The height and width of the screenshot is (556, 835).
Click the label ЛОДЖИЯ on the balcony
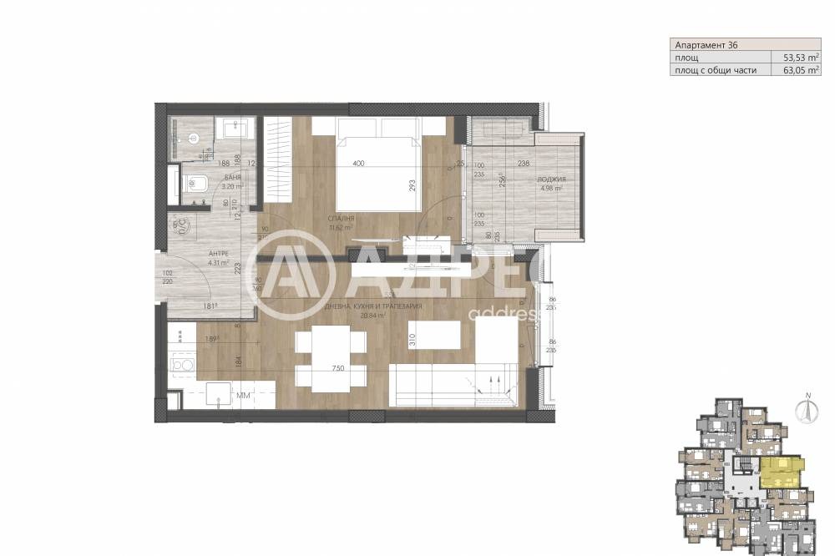[552, 179]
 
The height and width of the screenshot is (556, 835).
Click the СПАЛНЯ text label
[342, 218]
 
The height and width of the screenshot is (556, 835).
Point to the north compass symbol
[807, 409]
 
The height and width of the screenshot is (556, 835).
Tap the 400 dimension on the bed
[358, 164]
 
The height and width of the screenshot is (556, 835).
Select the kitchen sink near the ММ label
[218, 395]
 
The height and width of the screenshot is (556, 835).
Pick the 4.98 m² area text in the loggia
[552, 189]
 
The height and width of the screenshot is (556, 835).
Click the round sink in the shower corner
[191, 139]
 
